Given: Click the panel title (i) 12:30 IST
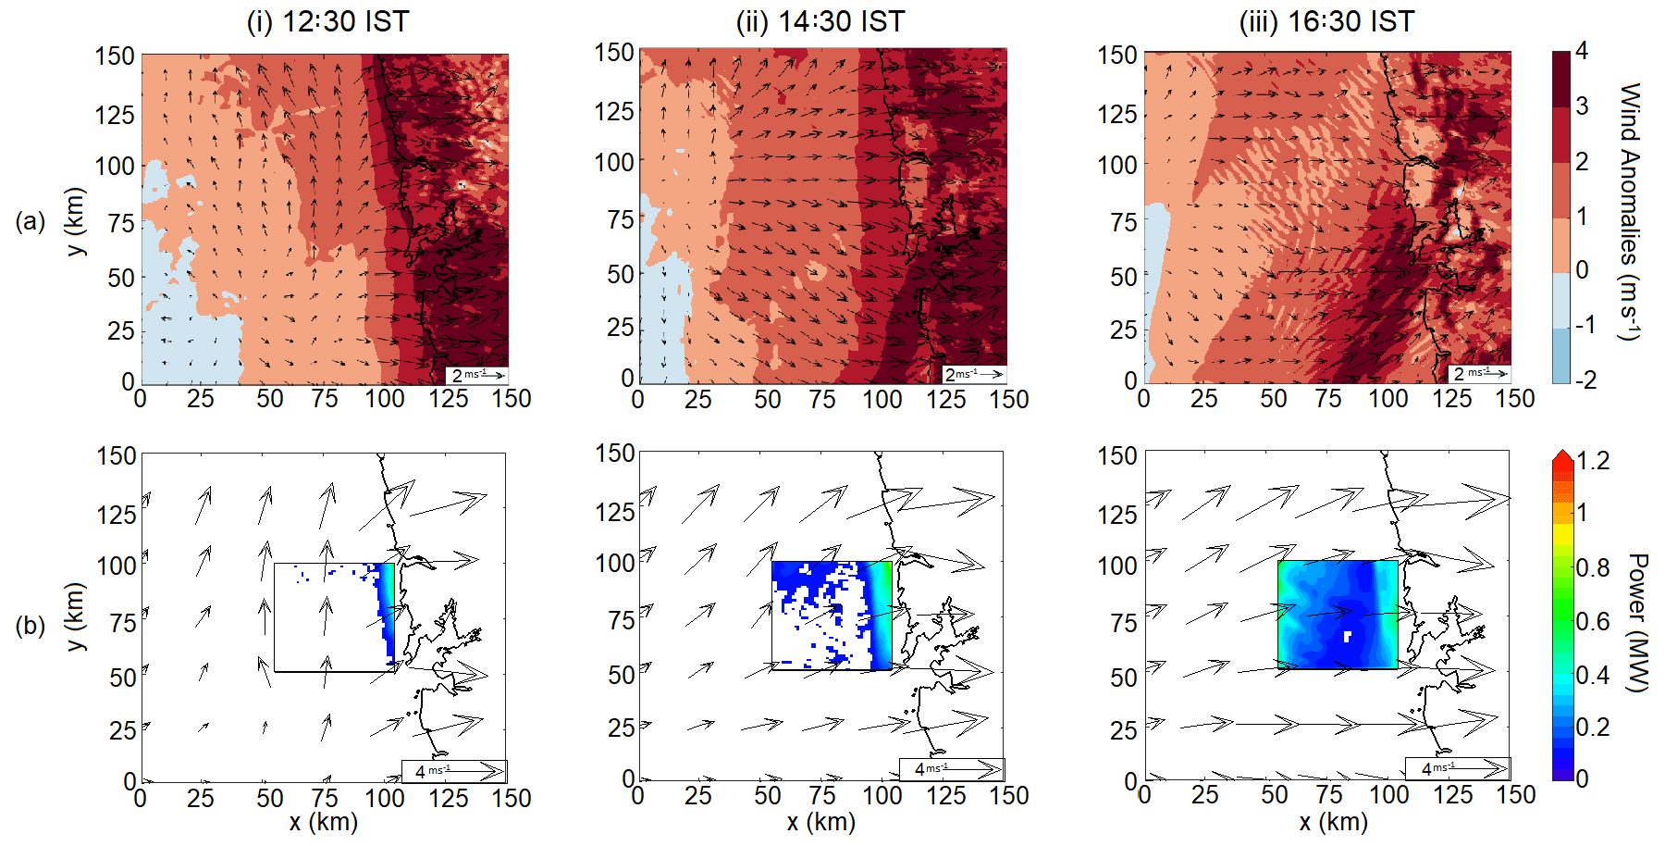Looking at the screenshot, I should pyautogui.click(x=327, y=21).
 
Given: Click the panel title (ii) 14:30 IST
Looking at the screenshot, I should pyautogui.click(x=820, y=21).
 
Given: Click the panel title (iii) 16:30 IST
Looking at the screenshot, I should pyautogui.click(x=1326, y=21).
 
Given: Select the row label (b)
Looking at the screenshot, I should pyautogui.click(x=31, y=626).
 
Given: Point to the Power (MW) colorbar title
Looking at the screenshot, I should pyautogui.click(x=1637, y=622).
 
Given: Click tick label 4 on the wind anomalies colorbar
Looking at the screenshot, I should pyautogui.click(x=1582, y=51).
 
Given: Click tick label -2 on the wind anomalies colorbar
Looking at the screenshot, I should pyautogui.click(x=1585, y=379).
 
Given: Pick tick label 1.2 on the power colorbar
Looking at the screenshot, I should pyautogui.click(x=1592, y=461).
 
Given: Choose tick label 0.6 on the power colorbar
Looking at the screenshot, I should pyautogui.click(x=1592, y=621).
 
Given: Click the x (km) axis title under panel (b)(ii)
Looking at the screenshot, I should pyautogui.click(x=820, y=822).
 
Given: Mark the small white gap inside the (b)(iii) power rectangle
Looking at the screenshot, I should pyautogui.click(x=1348, y=636).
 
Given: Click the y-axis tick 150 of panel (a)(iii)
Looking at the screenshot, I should pyautogui.click(x=1117, y=56).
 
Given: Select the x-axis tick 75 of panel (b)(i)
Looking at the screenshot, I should pyautogui.click(x=325, y=798).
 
